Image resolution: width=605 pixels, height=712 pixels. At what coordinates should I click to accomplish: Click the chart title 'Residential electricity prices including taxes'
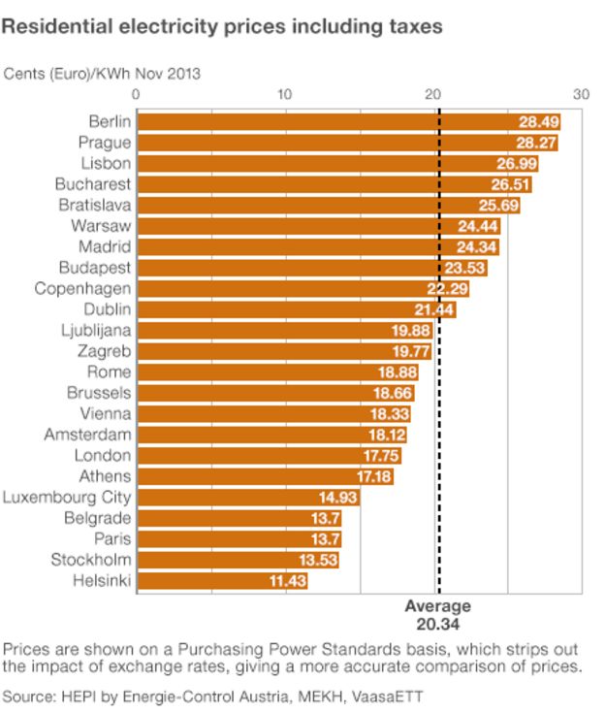click(x=222, y=28)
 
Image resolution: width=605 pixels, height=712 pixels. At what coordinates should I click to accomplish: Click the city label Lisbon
click(x=105, y=163)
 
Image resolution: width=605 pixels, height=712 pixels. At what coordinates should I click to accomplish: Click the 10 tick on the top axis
click(x=285, y=94)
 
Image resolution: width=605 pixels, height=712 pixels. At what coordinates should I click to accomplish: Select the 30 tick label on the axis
click(x=580, y=94)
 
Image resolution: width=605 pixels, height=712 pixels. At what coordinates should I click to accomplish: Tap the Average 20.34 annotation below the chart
click(x=437, y=614)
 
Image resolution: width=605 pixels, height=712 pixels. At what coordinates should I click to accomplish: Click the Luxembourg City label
click(x=67, y=497)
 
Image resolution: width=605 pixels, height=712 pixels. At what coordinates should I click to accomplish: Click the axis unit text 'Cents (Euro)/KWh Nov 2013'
click(x=103, y=73)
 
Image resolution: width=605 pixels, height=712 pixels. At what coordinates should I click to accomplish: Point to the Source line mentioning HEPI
click(x=213, y=696)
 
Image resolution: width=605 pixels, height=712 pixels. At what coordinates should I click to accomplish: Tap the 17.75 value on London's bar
click(x=380, y=455)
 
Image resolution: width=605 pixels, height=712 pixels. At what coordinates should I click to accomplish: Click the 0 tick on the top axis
click(x=136, y=94)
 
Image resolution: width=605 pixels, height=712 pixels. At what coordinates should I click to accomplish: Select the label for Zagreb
click(x=104, y=351)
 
